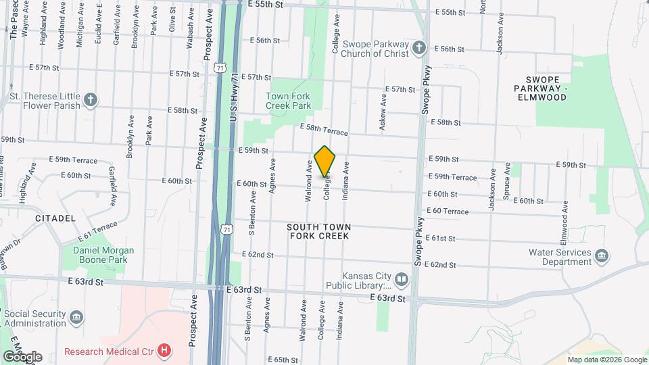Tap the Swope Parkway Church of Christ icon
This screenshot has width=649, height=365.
419,49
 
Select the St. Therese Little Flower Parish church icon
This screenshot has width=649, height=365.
91,101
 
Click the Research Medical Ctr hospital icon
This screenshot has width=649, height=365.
164,350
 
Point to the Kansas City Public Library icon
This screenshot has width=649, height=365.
402,279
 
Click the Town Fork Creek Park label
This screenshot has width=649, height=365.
288,101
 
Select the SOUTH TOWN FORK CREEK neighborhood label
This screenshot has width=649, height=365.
318,231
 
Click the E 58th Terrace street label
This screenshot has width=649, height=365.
324,130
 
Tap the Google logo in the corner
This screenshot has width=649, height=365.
23,357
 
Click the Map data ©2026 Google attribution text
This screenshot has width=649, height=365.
606,360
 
